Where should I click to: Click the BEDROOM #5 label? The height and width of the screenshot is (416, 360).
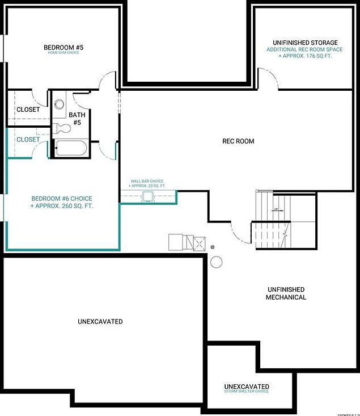point(63,47)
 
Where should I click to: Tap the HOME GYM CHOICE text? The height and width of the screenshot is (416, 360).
point(63,53)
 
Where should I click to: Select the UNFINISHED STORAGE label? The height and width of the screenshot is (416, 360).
point(305,43)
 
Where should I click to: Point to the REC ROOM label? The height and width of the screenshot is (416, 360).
point(238,141)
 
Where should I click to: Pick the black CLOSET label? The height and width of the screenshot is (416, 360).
point(28,110)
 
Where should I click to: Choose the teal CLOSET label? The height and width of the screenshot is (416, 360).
point(28,139)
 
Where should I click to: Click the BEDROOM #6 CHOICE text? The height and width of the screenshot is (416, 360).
point(61,198)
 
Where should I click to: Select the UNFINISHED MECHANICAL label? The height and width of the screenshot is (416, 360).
point(286,293)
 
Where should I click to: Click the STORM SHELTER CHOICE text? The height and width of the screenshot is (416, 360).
point(247,392)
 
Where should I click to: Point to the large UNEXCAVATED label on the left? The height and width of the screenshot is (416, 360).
point(100,322)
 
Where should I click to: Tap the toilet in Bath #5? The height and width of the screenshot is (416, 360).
point(62,128)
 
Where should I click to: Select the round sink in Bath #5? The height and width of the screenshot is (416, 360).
point(60,104)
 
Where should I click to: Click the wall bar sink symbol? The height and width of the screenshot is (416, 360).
point(149,197)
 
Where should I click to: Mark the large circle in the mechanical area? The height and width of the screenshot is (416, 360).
point(217,262)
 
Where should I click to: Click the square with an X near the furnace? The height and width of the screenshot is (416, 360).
point(199,244)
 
